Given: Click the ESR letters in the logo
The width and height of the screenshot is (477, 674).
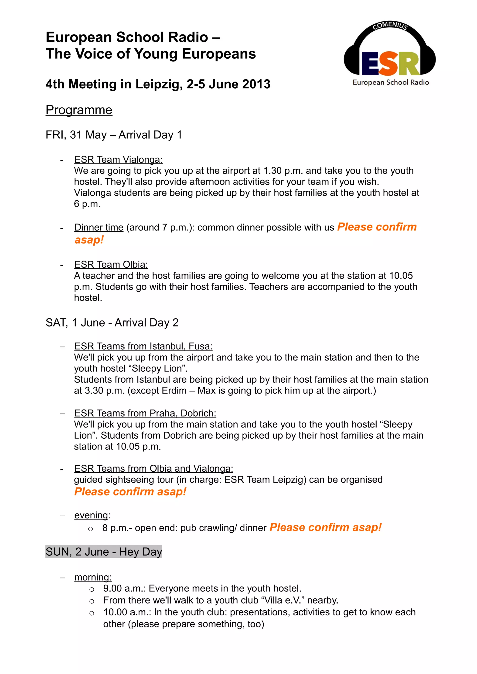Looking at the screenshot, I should (x=390, y=63).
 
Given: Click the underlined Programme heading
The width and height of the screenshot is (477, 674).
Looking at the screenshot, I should (x=79, y=110).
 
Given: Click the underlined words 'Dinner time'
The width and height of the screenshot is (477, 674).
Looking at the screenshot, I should (x=99, y=227).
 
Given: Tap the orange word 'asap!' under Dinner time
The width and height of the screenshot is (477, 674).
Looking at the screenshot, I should (x=89, y=240).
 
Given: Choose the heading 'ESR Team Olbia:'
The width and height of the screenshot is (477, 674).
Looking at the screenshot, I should (x=111, y=264).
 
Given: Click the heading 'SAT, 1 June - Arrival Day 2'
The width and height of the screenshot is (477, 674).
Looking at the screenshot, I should (x=112, y=323).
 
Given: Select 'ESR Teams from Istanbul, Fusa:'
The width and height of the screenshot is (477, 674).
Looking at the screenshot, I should (x=143, y=346).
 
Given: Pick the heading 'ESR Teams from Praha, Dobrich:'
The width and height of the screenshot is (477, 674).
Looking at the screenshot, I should (x=145, y=413).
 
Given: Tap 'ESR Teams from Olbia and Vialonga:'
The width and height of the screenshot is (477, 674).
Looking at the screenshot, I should (x=153, y=468).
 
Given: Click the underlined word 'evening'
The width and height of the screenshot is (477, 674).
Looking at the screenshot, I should (x=91, y=515).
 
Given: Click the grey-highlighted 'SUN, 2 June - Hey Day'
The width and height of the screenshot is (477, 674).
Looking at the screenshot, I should (x=104, y=552).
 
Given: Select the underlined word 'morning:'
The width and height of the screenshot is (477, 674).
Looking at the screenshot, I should (x=93, y=577).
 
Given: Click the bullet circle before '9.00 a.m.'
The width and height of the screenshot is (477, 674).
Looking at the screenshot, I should (x=92, y=589).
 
